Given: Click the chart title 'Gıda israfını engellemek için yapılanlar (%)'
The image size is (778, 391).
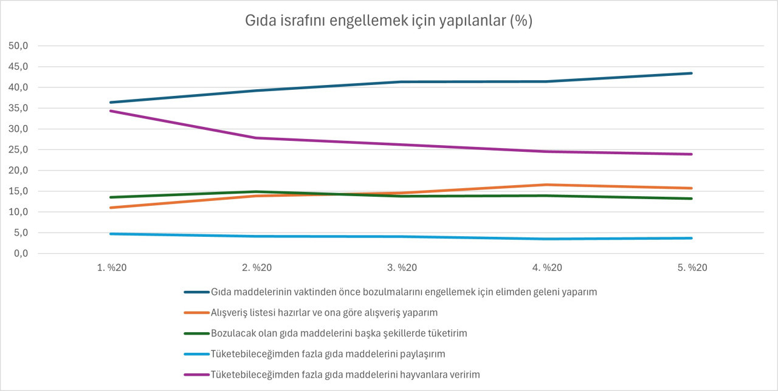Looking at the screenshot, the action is click(x=388, y=21).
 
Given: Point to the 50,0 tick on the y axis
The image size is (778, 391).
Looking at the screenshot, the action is click(x=18, y=46).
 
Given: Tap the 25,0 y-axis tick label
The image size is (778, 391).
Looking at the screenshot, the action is click(x=18, y=149).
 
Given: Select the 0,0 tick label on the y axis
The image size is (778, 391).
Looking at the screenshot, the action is click(x=21, y=253).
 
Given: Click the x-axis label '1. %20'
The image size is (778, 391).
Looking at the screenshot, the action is click(x=111, y=268).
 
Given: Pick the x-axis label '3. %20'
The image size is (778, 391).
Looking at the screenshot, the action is click(x=402, y=268).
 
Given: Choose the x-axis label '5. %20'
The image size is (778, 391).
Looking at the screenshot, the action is click(x=692, y=268).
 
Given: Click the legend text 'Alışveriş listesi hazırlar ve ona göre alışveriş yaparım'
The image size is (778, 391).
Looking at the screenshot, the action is click(x=324, y=313).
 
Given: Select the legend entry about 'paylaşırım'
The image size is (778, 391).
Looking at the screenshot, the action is click(x=328, y=354).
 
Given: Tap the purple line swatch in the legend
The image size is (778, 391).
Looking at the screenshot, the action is click(x=196, y=375).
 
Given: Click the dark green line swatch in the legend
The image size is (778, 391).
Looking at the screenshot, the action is click(x=196, y=333).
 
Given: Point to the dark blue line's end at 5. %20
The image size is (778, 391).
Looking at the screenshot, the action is click(x=692, y=73).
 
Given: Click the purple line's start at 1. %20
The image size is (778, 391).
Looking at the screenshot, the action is click(x=111, y=111).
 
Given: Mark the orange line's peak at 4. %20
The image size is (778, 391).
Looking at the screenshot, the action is click(x=546, y=185).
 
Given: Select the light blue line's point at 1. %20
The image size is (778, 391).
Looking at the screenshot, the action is click(x=111, y=234).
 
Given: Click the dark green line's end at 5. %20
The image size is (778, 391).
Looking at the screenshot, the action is click(x=692, y=199).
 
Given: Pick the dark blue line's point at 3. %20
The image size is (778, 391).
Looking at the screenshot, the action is click(x=402, y=82).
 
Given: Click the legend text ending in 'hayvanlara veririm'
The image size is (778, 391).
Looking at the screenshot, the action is click(x=345, y=375).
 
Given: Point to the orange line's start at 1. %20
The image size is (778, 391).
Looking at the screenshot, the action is click(x=111, y=208).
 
